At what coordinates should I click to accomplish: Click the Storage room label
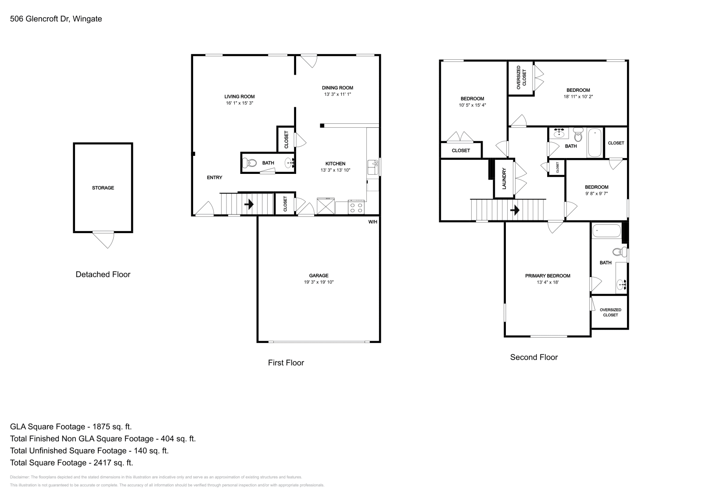pyautogui.click(x=103, y=188)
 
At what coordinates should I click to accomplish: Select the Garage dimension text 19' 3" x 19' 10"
pyautogui.click(x=319, y=282)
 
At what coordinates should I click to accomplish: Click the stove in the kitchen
pyautogui.click(x=356, y=207)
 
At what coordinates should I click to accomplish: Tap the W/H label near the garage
pyautogui.click(x=372, y=222)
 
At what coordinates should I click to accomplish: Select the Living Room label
pyautogui.click(x=240, y=97)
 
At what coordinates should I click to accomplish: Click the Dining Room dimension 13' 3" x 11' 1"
pyautogui.click(x=337, y=94)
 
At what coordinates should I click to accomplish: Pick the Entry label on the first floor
pyautogui.click(x=215, y=177)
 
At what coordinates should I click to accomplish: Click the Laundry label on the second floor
pyautogui.click(x=504, y=178)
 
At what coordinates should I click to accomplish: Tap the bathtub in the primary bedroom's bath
pyautogui.click(x=606, y=231)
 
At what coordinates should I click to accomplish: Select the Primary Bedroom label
pyautogui.click(x=548, y=276)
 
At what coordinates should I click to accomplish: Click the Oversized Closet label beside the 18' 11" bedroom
pyautogui.click(x=521, y=78)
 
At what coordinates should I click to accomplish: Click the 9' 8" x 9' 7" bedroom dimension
pyautogui.click(x=596, y=193)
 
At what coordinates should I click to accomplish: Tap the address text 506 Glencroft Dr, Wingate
pyautogui.click(x=56, y=19)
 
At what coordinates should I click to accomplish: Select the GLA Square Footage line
pyautogui.click(x=71, y=426)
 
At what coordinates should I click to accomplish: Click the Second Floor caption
pyautogui.click(x=534, y=357)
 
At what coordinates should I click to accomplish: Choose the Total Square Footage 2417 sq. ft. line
pyautogui.click(x=72, y=462)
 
